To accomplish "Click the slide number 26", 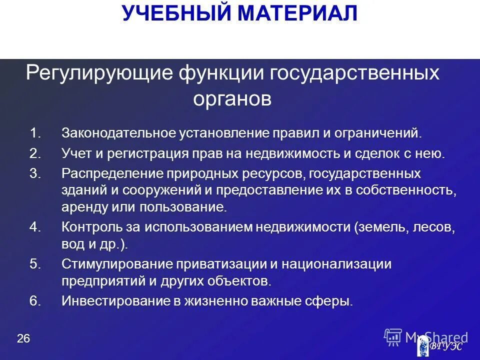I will click(x=23, y=339).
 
